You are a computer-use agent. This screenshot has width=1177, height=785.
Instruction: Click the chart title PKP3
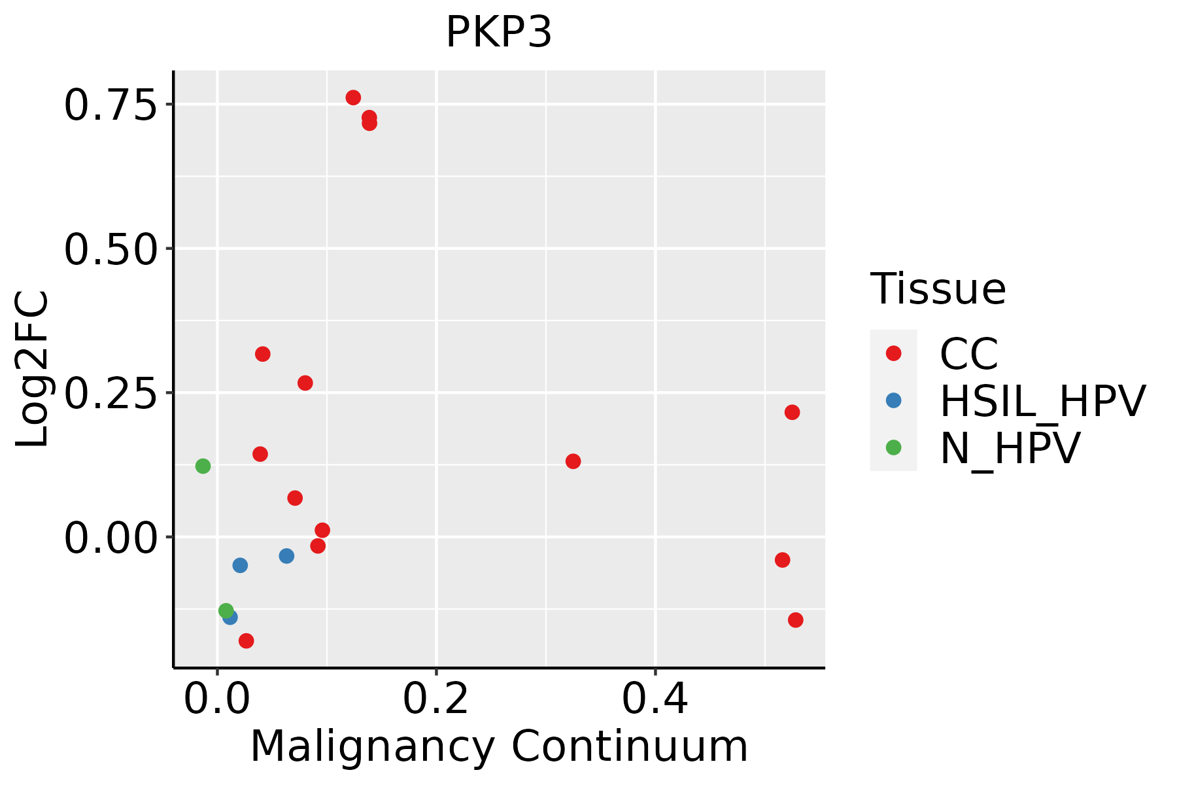point(499,33)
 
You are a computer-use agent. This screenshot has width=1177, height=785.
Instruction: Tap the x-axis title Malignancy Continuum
point(499,747)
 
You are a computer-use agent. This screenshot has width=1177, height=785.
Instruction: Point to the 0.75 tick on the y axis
point(111,105)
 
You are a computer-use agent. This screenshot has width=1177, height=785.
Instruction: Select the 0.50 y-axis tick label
point(111,249)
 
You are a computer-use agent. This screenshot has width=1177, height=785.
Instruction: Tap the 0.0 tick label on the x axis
point(217,699)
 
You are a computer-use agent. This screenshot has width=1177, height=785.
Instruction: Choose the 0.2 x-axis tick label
point(435,699)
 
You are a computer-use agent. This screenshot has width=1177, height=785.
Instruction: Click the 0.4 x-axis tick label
point(655,699)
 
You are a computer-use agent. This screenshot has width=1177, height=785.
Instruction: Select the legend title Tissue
point(938,288)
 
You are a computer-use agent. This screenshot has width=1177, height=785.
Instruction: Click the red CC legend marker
point(893,353)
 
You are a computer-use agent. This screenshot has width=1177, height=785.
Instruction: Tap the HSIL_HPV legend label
point(1042,401)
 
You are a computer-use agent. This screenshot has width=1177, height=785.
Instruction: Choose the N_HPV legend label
point(1010,448)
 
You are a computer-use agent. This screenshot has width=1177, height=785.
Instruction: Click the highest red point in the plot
point(353,97)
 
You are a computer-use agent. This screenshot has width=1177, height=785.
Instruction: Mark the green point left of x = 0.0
point(203,466)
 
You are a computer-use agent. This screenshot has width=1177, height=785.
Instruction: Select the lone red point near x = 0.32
point(573,461)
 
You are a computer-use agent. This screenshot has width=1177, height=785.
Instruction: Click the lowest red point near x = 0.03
point(246,640)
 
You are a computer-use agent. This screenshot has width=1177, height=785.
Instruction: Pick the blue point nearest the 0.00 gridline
point(286,556)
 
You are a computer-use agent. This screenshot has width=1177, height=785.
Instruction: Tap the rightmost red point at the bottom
point(795,619)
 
